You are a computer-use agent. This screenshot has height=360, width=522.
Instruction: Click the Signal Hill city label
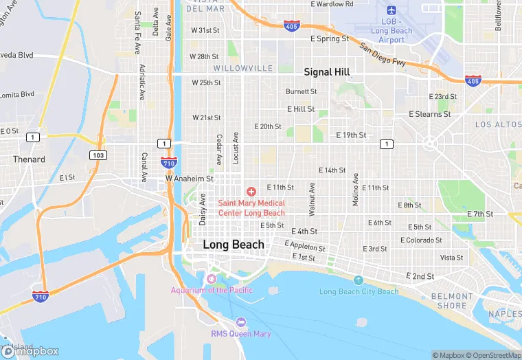327,72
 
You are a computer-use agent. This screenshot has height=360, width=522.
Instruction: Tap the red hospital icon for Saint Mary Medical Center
251,190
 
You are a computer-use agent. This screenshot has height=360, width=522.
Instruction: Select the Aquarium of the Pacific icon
211,278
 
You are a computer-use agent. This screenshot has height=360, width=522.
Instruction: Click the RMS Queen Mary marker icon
240,322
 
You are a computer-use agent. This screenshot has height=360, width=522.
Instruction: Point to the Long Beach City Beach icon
359,280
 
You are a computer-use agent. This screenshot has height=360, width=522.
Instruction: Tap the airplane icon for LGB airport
391,10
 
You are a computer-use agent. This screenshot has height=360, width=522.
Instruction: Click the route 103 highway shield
98,155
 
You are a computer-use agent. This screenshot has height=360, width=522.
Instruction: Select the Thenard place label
29,159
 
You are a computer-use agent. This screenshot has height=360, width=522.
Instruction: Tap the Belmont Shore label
449,301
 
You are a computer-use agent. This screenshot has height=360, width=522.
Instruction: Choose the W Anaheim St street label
190,179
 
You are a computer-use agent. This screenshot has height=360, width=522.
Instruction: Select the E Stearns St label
429,114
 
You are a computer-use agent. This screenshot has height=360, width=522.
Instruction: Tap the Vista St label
451,258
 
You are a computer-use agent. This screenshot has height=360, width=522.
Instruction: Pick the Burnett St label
301,91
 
